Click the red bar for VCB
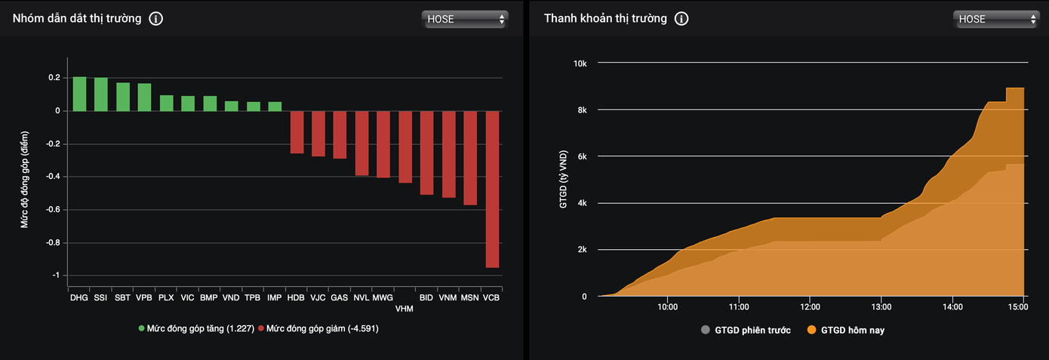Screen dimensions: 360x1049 tap(492, 189)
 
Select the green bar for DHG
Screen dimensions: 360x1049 tap(79, 94)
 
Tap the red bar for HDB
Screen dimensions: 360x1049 tap(297, 132)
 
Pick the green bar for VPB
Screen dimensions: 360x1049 tap(144, 97)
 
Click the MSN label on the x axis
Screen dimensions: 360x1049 tap(469, 298)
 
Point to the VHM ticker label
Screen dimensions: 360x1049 tap(405, 309)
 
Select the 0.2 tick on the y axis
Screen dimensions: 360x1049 tap(54, 78)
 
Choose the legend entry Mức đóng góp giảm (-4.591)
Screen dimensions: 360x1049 tap(318, 329)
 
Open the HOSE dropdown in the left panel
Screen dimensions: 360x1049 tap(465, 19)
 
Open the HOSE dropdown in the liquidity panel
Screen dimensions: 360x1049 tap(995, 19)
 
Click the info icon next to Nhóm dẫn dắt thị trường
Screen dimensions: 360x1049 tap(155, 19)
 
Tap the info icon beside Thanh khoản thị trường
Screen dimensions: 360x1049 tap(681, 19)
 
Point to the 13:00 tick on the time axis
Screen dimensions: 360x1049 tap(881, 307)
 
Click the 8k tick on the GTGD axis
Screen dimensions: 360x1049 tap(581, 110)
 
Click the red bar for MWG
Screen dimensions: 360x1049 tap(383, 144)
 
